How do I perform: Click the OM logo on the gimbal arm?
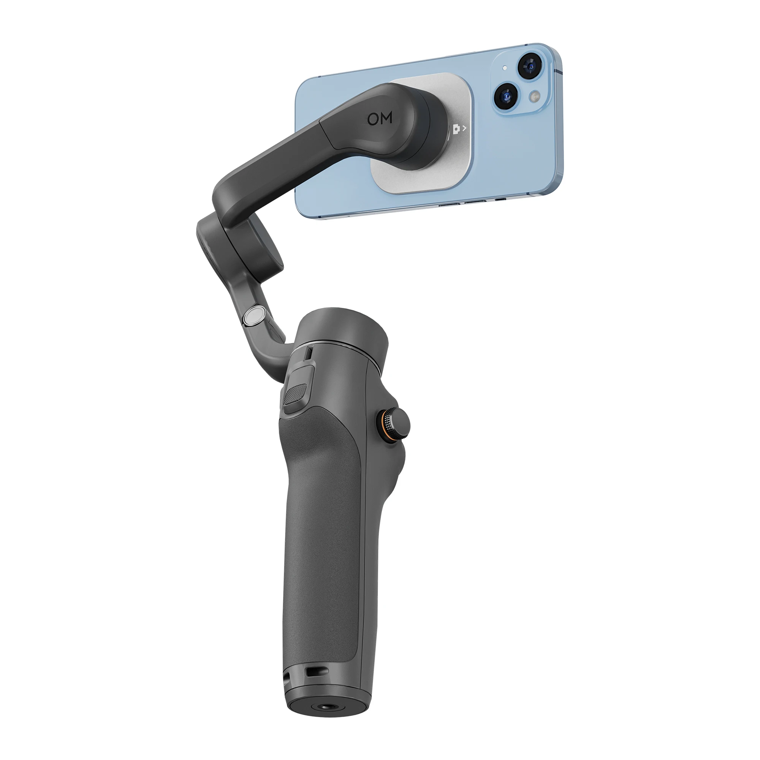click(x=380, y=119)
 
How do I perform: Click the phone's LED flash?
click(x=534, y=97)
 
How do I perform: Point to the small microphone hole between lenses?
click(x=505, y=68)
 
